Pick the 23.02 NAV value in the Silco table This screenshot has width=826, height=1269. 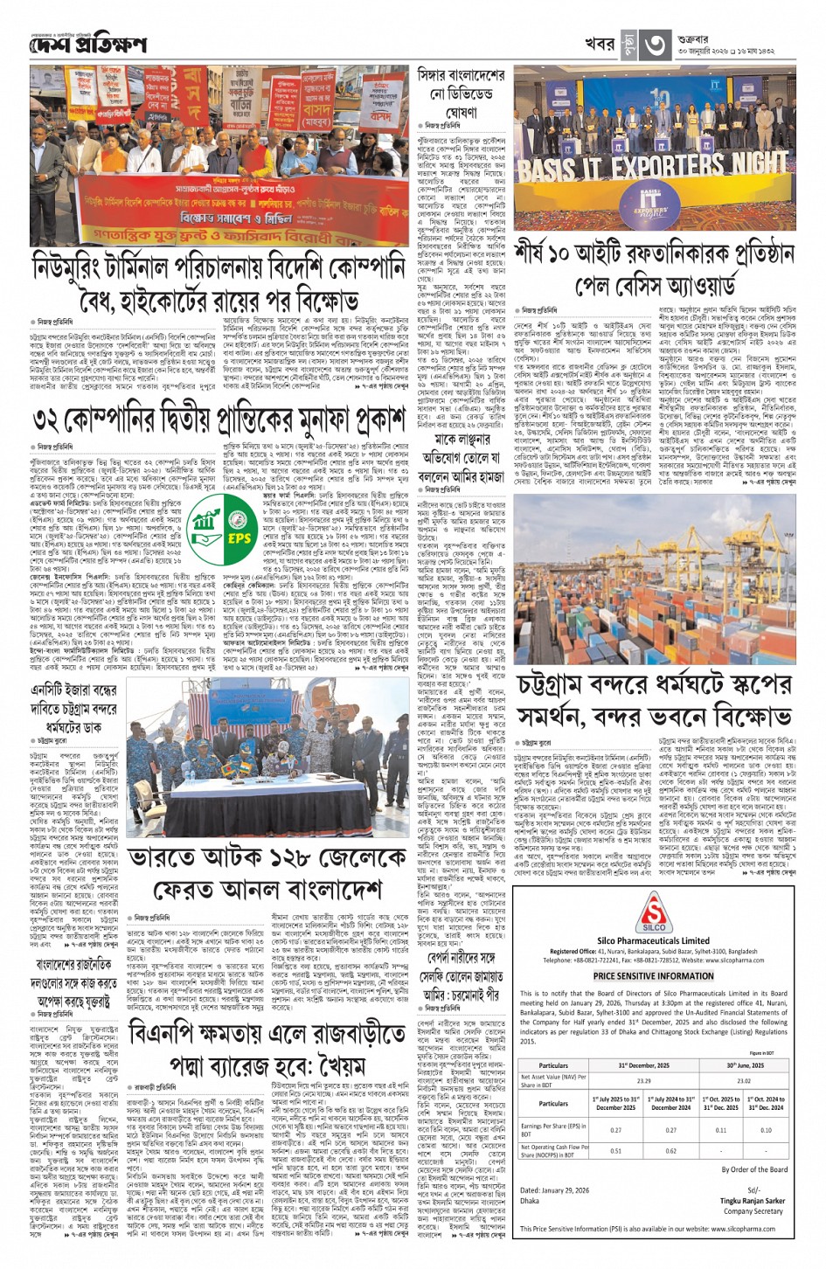[742, 1081]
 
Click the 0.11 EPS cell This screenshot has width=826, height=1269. [720, 1129]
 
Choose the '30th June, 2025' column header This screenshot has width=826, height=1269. [742, 1065]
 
